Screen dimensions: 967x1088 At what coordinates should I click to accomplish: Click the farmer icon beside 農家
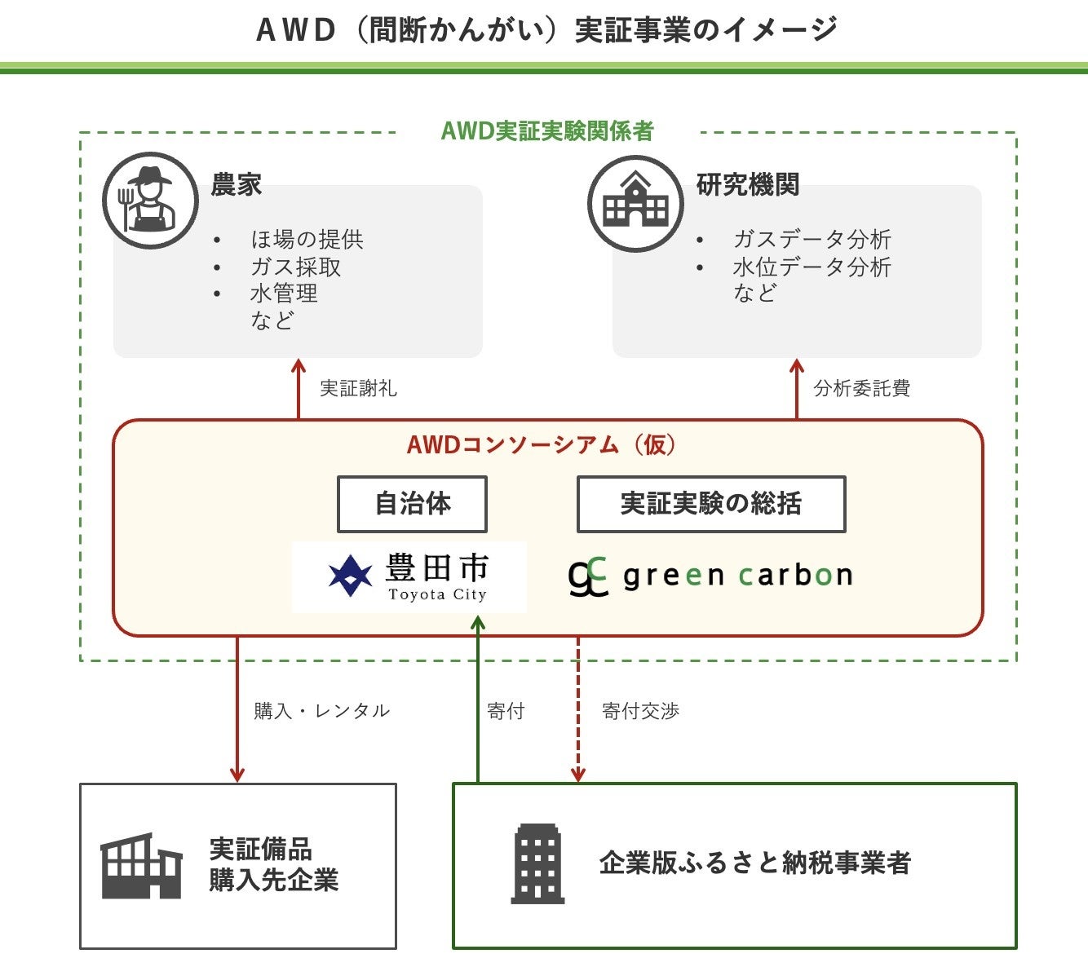coord(149,201)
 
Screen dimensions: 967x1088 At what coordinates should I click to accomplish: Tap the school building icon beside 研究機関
coord(635,203)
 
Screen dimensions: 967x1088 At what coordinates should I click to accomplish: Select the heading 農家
coord(236,184)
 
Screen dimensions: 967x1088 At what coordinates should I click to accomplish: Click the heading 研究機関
coord(747,184)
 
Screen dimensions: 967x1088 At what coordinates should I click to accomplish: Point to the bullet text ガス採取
coord(295,267)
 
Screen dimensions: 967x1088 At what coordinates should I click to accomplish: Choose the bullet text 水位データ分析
coord(812,267)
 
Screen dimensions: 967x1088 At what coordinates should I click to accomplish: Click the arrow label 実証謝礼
coord(358,388)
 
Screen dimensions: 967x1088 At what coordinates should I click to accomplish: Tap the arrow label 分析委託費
coord(861,388)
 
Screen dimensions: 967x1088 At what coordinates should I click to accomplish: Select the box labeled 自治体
coord(412,504)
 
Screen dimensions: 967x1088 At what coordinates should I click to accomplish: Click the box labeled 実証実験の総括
coord(710,504)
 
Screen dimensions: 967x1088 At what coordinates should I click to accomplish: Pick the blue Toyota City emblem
coord(350,575)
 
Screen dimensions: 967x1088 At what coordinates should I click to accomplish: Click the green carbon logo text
coord(737,576)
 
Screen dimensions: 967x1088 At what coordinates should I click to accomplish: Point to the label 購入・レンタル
coord(321,711)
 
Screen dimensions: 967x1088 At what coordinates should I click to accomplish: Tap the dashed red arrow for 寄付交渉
coord(578,709)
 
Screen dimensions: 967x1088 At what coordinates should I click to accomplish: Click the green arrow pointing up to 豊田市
coord(478,701)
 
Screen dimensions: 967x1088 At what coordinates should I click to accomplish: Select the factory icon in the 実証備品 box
coord(141,866)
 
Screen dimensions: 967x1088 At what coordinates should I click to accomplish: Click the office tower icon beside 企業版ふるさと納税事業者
coord(537,864)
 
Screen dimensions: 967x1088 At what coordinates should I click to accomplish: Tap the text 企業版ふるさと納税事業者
coord(754,863)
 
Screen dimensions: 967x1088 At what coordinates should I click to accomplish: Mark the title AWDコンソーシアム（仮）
coord(542,444)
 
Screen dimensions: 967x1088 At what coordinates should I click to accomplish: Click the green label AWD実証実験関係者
coord(547,130)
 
